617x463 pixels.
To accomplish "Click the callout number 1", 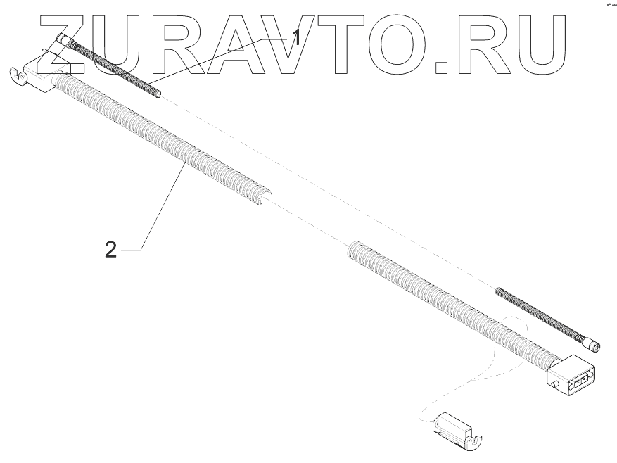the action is [x=297, y=36].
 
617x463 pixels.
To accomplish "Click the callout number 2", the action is [x=110, y=248].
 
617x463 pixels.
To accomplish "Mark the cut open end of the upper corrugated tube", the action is [x=264, y=197].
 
